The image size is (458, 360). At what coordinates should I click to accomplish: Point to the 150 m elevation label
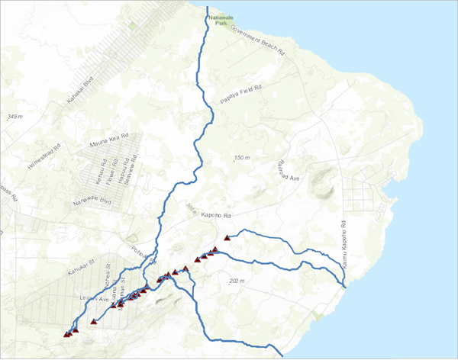click(x=242, y=158)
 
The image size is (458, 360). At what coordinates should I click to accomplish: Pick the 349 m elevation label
click(x=15, y=117)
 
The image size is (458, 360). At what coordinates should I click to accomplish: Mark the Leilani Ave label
click(x=95, y=298)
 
